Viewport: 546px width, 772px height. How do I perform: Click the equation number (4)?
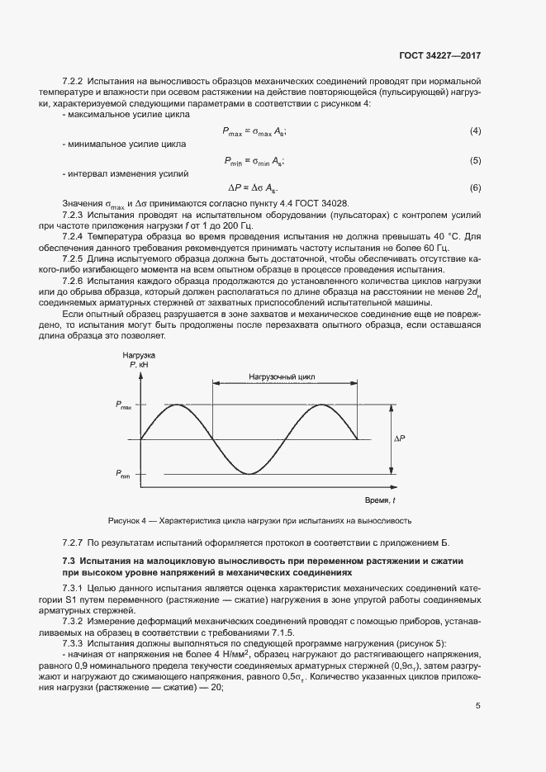coord(475,132)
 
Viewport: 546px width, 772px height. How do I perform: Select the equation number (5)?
coord(475,160)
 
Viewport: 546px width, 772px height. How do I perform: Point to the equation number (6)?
coord(475,188)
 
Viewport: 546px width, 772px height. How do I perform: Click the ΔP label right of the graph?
coord(399,438)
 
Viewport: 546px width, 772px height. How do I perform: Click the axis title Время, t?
coord(380,501)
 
